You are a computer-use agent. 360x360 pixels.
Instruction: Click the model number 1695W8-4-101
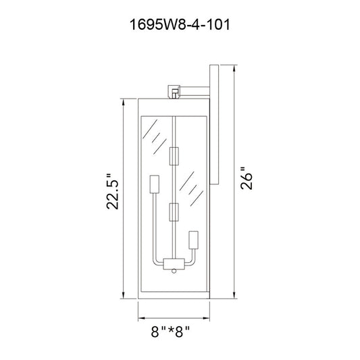coord(180,24)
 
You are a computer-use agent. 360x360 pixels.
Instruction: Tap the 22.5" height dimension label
coord(113,191)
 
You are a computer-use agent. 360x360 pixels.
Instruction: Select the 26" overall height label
coord(247,178)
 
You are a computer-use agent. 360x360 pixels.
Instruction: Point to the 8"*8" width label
coord(170,332)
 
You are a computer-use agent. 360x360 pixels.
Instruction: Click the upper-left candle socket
coord(155,184)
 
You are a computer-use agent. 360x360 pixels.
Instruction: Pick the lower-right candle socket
coord(193,240)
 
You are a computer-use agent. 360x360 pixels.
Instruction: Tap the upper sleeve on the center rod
coord(174,156)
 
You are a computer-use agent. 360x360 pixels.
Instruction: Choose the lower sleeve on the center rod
coord(174,212)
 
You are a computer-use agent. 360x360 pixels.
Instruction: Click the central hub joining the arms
coord(174,264)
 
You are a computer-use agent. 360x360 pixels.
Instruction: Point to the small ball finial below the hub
coord(174,271)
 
